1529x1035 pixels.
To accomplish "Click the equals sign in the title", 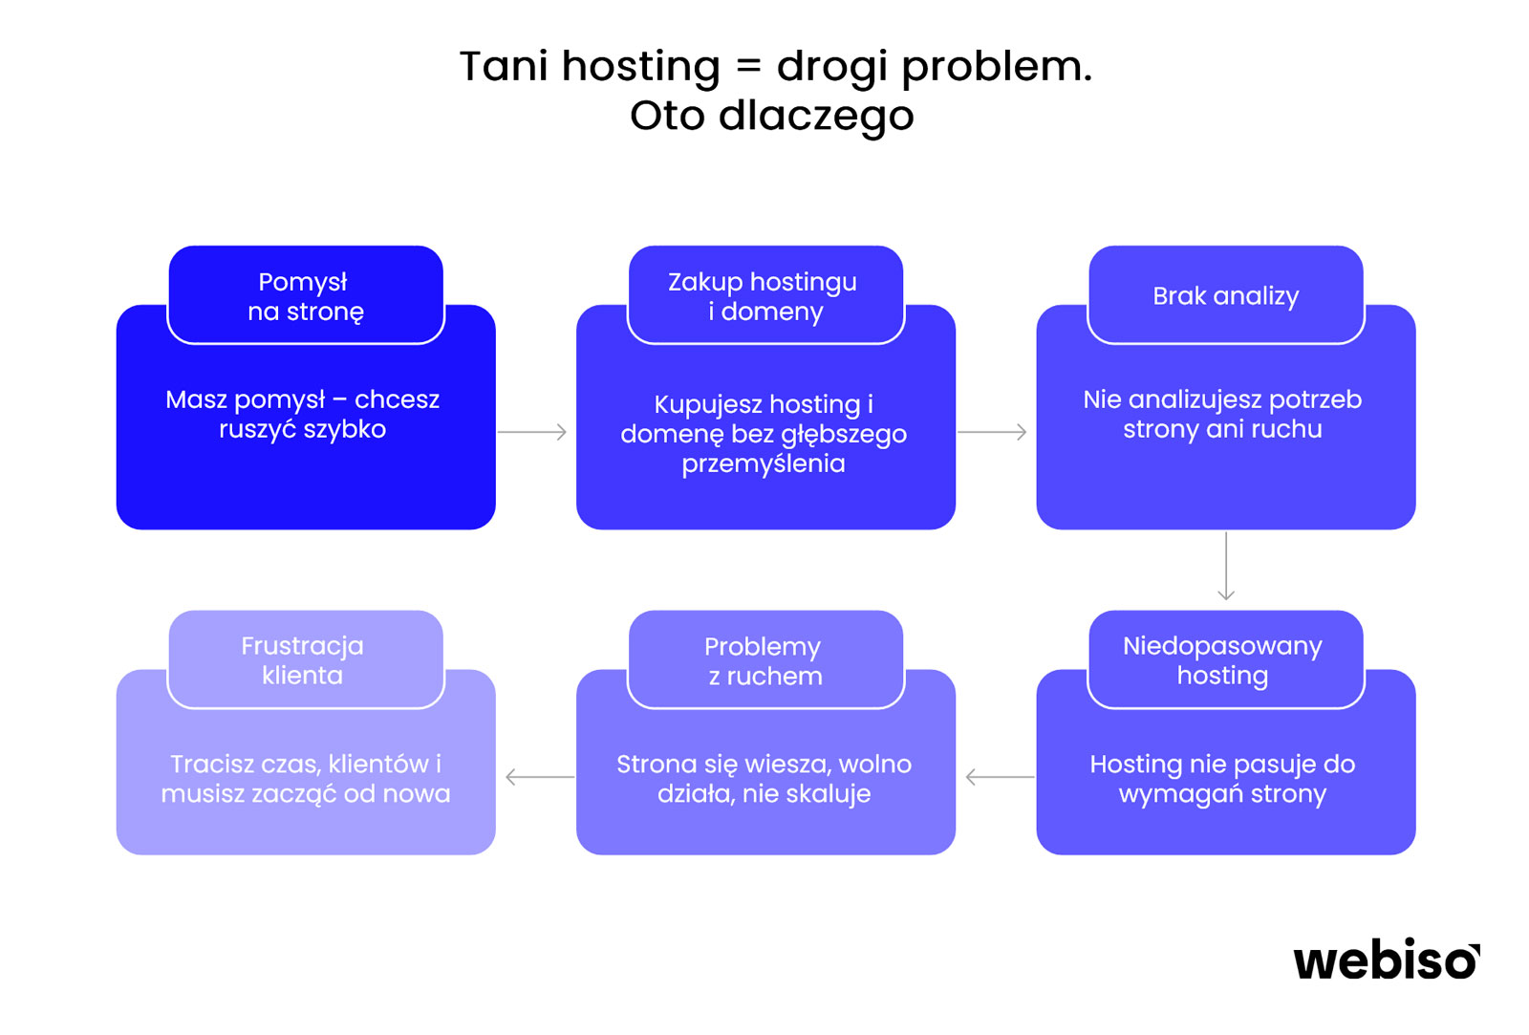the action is point(749,66).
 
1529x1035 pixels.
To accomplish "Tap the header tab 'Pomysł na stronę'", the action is point(306,295).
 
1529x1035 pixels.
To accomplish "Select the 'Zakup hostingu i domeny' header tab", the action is point(765,295).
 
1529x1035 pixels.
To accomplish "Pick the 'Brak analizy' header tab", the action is point(1226,295).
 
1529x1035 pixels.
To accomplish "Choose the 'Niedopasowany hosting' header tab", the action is point(1226,659).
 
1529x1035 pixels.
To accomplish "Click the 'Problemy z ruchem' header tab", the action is point(765,659).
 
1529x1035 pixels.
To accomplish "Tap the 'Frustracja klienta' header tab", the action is point(306,659).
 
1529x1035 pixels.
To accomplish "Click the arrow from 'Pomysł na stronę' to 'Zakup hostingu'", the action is point(531,431).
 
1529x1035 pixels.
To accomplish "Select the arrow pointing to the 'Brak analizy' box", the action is point(992,431).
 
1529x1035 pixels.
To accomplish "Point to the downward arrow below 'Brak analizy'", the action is point(1226,566).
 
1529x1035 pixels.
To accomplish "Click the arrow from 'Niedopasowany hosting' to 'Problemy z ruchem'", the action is point(1000,777).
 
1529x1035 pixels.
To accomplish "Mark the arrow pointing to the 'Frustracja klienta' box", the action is point(540,777).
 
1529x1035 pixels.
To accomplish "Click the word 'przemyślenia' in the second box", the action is point(764,464).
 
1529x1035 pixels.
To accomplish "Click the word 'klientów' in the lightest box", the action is point(378,764).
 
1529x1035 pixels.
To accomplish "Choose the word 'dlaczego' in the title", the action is point(816,116).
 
